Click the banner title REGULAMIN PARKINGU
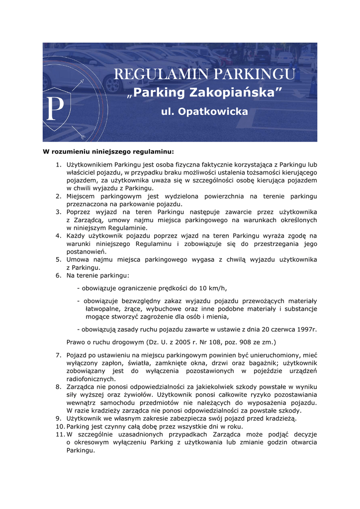point(204,75)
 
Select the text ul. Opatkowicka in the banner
point(204,112)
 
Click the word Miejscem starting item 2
point(81,196)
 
